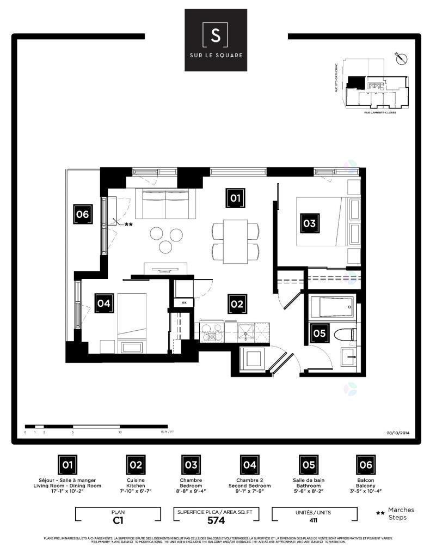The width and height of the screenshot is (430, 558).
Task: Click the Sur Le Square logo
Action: pyautogui.click(x=216, y=40)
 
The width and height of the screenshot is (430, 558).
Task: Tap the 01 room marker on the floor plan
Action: pyautogui.click(x=235, y=198)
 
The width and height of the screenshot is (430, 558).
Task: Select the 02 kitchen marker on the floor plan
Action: pyautogui.click(x=237, y=304)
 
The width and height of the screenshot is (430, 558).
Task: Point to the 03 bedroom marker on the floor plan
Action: pyautogui.click(x=309, y=223)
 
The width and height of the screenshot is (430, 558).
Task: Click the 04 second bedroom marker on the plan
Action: pyautogui.click(x=104, y=304)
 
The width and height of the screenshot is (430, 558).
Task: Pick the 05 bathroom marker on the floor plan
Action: pyautogui.click(x=319, y=333)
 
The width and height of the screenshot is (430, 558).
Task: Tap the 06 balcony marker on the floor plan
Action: pyautogui.click(x=82, y=214)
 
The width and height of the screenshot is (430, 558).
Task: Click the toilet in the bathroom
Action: pyautogui.click(x=345, y=334)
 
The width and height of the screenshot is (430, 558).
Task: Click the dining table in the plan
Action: pyautogui.click(x=235, y=240)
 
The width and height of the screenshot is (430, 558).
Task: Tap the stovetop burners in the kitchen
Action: pyautogui.click(x=211, y=330)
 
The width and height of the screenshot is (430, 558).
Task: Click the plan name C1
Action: pyautogui.click(x=118, y=520)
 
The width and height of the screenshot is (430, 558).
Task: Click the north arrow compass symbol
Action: pyautogui.click(x=401, y=57)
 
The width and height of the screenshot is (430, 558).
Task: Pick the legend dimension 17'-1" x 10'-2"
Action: pyautogui.click(x=67, y=491)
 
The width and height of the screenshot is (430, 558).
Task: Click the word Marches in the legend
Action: pyautogui.click(x=401, y=510)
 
